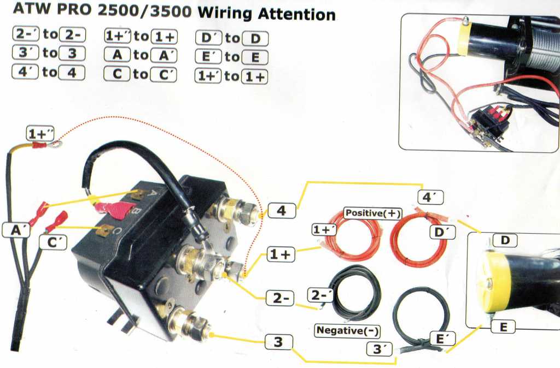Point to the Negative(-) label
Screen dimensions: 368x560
[x=348, y=330]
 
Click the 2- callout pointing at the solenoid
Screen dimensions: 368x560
[x=279, y=298]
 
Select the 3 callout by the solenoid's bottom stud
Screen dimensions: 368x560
[x=278, y=342]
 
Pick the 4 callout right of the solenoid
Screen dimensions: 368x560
[x=281, y=210]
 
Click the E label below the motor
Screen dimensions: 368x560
[x=503, y=327]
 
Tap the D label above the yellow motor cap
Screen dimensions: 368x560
[x=505, y=240]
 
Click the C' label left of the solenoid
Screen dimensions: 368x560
[x=54, y=242]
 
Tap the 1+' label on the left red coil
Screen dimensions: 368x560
[x=324, y=230]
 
